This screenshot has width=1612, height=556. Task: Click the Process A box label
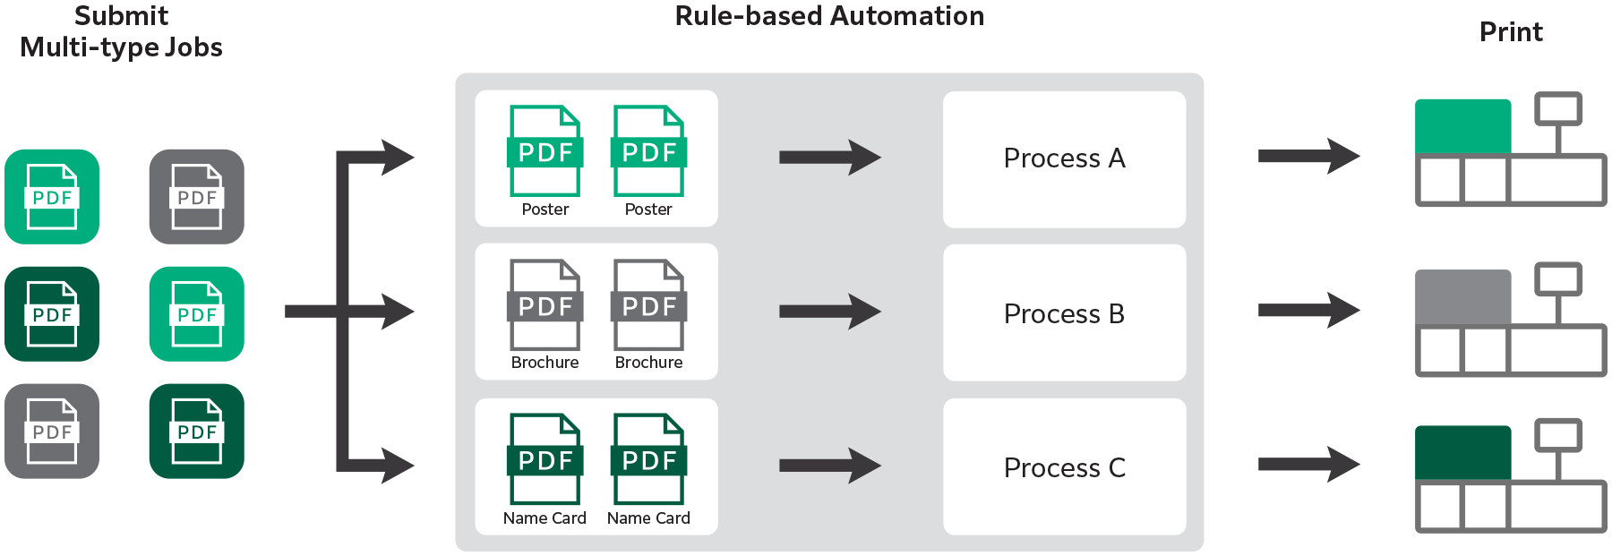(1064, 158)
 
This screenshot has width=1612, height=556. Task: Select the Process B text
(1064, 314)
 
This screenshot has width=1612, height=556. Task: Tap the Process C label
(1064, 468)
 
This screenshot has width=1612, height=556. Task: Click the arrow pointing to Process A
(829, 158)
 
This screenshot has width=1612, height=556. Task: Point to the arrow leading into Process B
(829, 312)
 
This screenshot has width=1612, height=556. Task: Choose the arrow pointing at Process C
(829, 466)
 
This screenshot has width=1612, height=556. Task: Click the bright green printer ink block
(1462, 126)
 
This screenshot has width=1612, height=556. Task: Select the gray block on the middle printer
(1462, 296)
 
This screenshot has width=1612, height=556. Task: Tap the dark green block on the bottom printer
(1462, 453)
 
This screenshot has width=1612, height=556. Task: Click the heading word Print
(1511, 32)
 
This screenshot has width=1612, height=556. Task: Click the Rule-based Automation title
(829, 16)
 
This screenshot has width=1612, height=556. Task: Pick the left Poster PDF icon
(544, 150)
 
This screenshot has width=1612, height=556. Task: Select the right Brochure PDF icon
(648, 304)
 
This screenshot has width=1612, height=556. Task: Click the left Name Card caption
(544, 518)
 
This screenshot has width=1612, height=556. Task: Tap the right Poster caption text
(648, 210)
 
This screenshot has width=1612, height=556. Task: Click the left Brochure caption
(544, 363)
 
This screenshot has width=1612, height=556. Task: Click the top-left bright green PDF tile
(52, 197)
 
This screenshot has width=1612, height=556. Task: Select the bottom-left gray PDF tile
(52, 432)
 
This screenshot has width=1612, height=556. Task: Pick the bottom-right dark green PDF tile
(197, 432)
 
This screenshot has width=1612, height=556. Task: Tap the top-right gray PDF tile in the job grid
(197, 197)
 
